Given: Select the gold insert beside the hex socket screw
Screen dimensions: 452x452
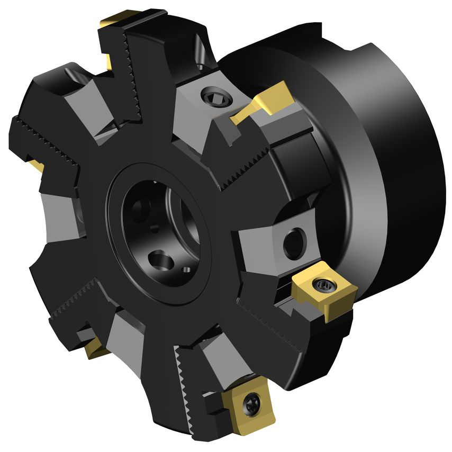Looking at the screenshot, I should click(x=263, y=100).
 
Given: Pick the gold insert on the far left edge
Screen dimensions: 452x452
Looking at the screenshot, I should click(x=35, y=163).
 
